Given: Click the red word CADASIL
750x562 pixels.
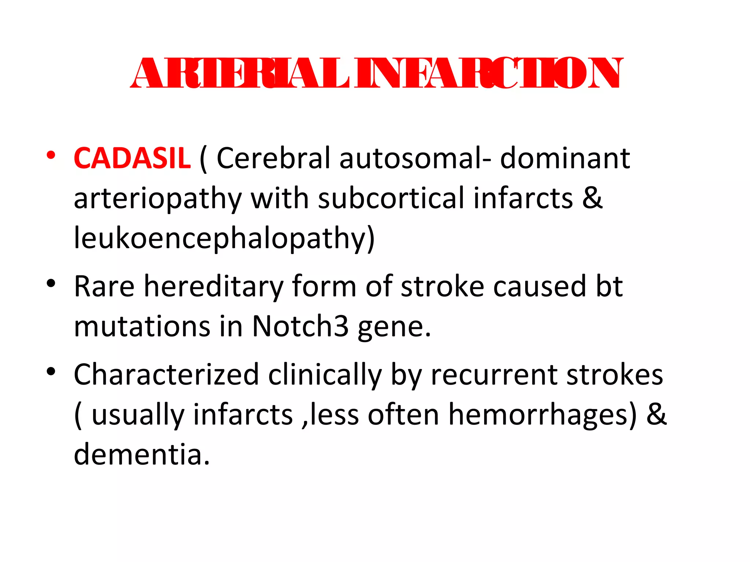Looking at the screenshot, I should click(132, 158).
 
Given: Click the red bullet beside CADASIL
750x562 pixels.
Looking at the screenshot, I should click(51, 155).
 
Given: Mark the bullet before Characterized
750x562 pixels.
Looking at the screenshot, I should click(51, 371).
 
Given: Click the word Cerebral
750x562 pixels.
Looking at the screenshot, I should click(273, 158).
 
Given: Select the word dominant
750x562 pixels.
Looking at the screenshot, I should click(565, 158).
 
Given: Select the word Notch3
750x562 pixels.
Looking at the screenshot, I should click(300, 326).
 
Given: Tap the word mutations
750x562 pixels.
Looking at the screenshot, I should click(142, 326).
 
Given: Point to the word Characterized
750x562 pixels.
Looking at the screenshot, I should click(167, 375).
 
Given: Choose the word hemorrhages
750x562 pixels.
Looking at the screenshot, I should click(543, 415).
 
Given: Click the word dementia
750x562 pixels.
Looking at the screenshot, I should click(142, 454).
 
